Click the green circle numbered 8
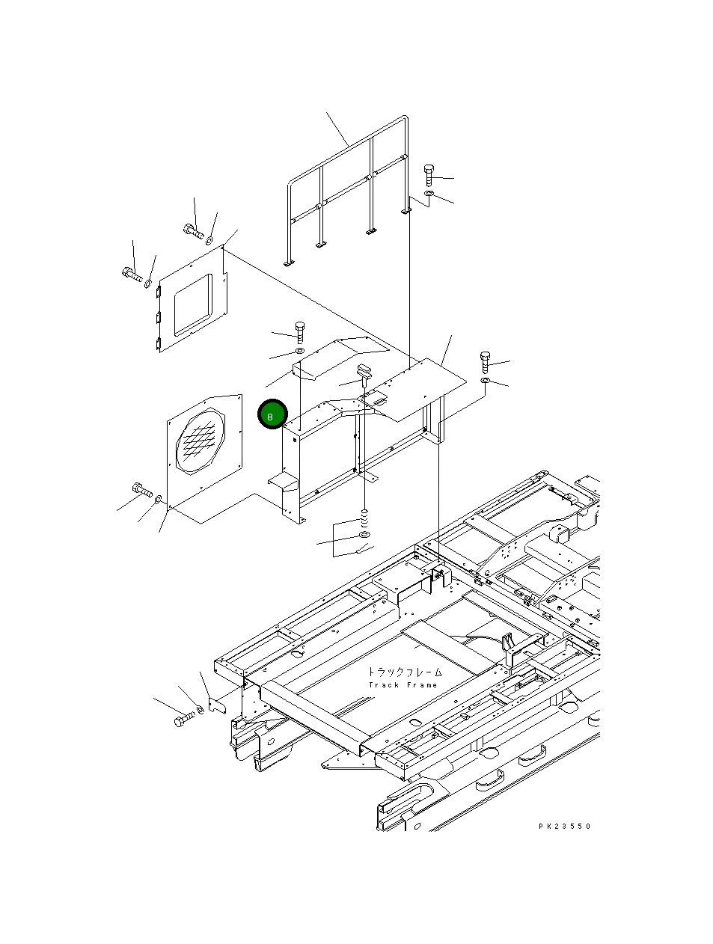coord(272,414)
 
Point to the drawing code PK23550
coord(564,826)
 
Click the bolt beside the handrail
coord(429,174)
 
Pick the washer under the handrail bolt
coord(428,194)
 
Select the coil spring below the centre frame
coord(365,517)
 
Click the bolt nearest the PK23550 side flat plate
coord(484,361)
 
